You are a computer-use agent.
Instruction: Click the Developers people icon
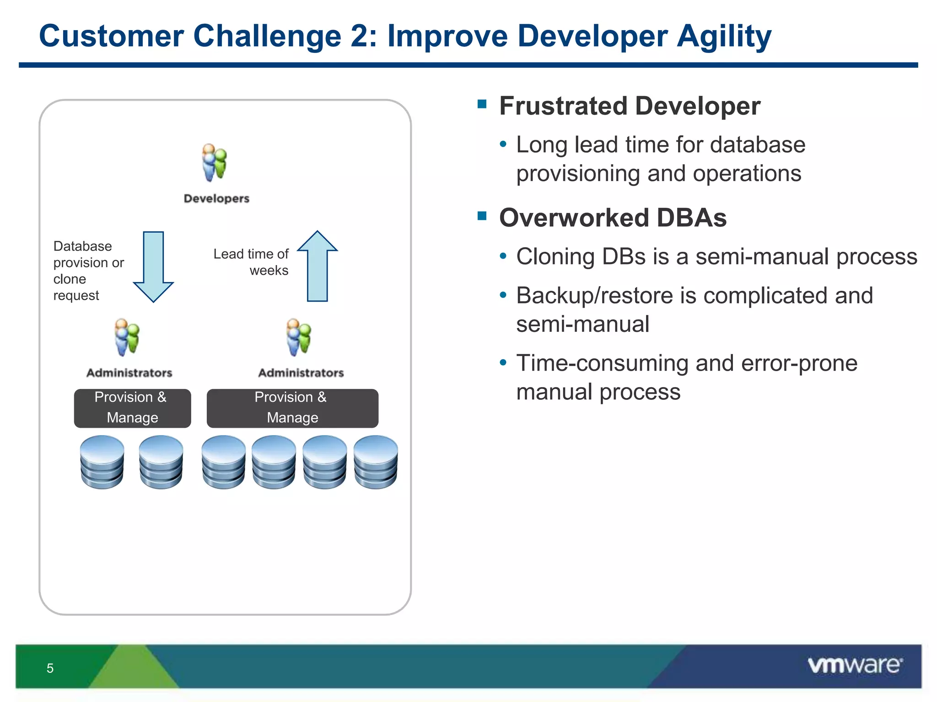tap(215, 163)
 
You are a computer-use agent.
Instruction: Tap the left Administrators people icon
tap(127, 338)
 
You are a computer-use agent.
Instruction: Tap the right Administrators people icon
tap(299, 338)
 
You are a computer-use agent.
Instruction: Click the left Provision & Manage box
tap(132, 408)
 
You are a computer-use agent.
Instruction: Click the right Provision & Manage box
tap(292, 408)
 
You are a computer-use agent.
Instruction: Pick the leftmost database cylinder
tap(102, 462)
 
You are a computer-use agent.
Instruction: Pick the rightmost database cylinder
tap(376, 462)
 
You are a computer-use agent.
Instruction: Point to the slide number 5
tap(50, 668)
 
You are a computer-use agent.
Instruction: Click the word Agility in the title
tap(724, 37)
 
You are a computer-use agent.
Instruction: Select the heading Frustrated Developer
tap(630, 106)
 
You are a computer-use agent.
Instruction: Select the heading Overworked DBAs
tap(613, 218)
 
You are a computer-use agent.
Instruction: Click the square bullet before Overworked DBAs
tap(482, 215)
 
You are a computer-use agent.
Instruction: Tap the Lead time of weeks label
tap(251, 262)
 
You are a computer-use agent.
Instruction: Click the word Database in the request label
tap(83, 246)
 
